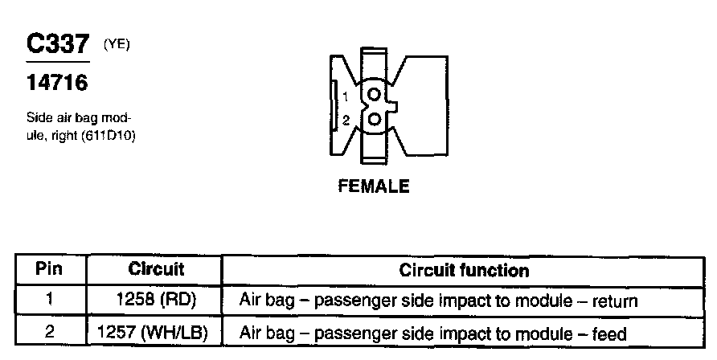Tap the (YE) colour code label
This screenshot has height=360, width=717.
(x=117, y=45)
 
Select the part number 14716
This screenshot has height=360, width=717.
(x=56, y=82)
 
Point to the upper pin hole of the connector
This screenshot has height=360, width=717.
(x=373, y=95)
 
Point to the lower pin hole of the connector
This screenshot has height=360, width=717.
(x=373, y=120)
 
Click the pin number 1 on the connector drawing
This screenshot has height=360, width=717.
(x=345, y=96)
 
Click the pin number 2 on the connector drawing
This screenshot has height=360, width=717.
(x=345, y=121)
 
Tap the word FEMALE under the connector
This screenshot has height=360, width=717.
(x=374, y=186)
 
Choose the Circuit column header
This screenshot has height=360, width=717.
(x=156, y=269)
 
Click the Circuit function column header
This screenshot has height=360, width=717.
(x=464, y=270)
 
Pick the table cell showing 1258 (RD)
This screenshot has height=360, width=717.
(x=156, y=301)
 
